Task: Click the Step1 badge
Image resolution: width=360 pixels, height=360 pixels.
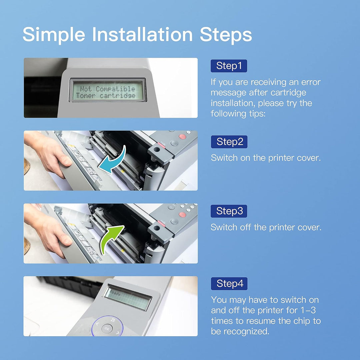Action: tap(229, 66)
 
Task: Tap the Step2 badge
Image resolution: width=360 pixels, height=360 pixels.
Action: tap(229, 142)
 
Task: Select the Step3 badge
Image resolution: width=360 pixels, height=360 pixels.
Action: tap(229, 211)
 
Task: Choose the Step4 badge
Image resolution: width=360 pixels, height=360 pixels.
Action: tap(229, 284)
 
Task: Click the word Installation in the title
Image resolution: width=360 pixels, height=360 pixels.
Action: tap(142, 35)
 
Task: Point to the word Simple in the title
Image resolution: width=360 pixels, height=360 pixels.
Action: tap(54, 35)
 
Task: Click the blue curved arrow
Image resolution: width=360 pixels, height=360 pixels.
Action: tap(114, 161)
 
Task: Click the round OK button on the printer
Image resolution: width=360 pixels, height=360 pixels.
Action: tap(107, 328)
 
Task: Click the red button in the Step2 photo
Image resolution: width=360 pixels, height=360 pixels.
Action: tap(182, 136)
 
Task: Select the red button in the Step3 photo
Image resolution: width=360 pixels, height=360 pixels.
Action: tap(182, 214)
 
